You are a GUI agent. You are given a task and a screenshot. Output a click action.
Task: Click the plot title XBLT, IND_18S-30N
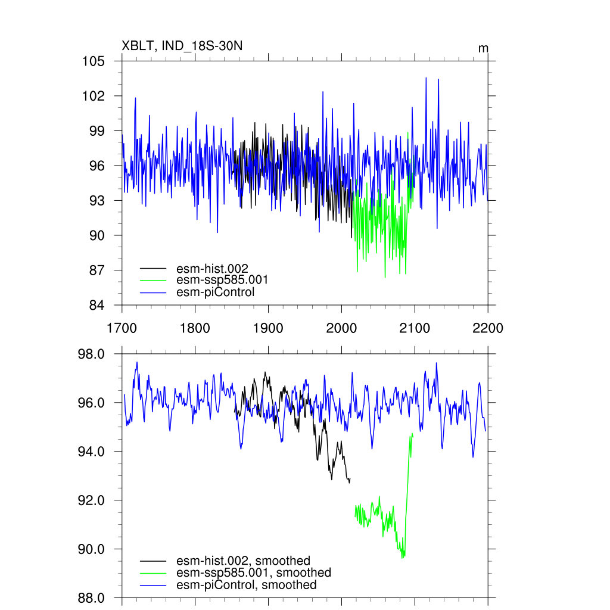point(182,46)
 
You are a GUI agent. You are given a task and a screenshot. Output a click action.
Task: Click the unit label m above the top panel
point(483,48)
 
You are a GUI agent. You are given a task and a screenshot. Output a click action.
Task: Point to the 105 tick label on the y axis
point(94,61)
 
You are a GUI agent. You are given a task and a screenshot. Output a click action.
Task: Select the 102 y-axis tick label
point(94,96)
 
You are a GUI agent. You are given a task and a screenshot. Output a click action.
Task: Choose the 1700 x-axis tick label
point(122,328)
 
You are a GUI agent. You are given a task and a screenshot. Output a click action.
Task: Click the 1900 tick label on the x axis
point(268,328)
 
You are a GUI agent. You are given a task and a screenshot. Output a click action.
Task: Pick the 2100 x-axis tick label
point(415,328)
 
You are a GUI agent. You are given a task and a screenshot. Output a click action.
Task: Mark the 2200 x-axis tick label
point(488,328)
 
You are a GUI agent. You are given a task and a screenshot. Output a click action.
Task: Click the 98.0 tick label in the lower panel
point(92,354)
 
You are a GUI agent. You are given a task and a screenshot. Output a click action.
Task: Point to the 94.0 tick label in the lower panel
point(92,452)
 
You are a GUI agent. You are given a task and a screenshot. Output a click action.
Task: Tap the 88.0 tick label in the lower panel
point(92,597)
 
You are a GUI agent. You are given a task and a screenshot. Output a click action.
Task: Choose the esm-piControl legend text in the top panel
point(216,292)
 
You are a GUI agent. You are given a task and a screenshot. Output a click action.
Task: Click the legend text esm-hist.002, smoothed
point(244,561)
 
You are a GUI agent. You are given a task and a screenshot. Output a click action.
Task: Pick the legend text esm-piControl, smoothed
point(247,585)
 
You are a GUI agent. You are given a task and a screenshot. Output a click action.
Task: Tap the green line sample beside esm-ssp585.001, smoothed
point(153,573)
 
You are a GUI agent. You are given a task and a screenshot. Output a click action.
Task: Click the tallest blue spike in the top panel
point(426,78)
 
